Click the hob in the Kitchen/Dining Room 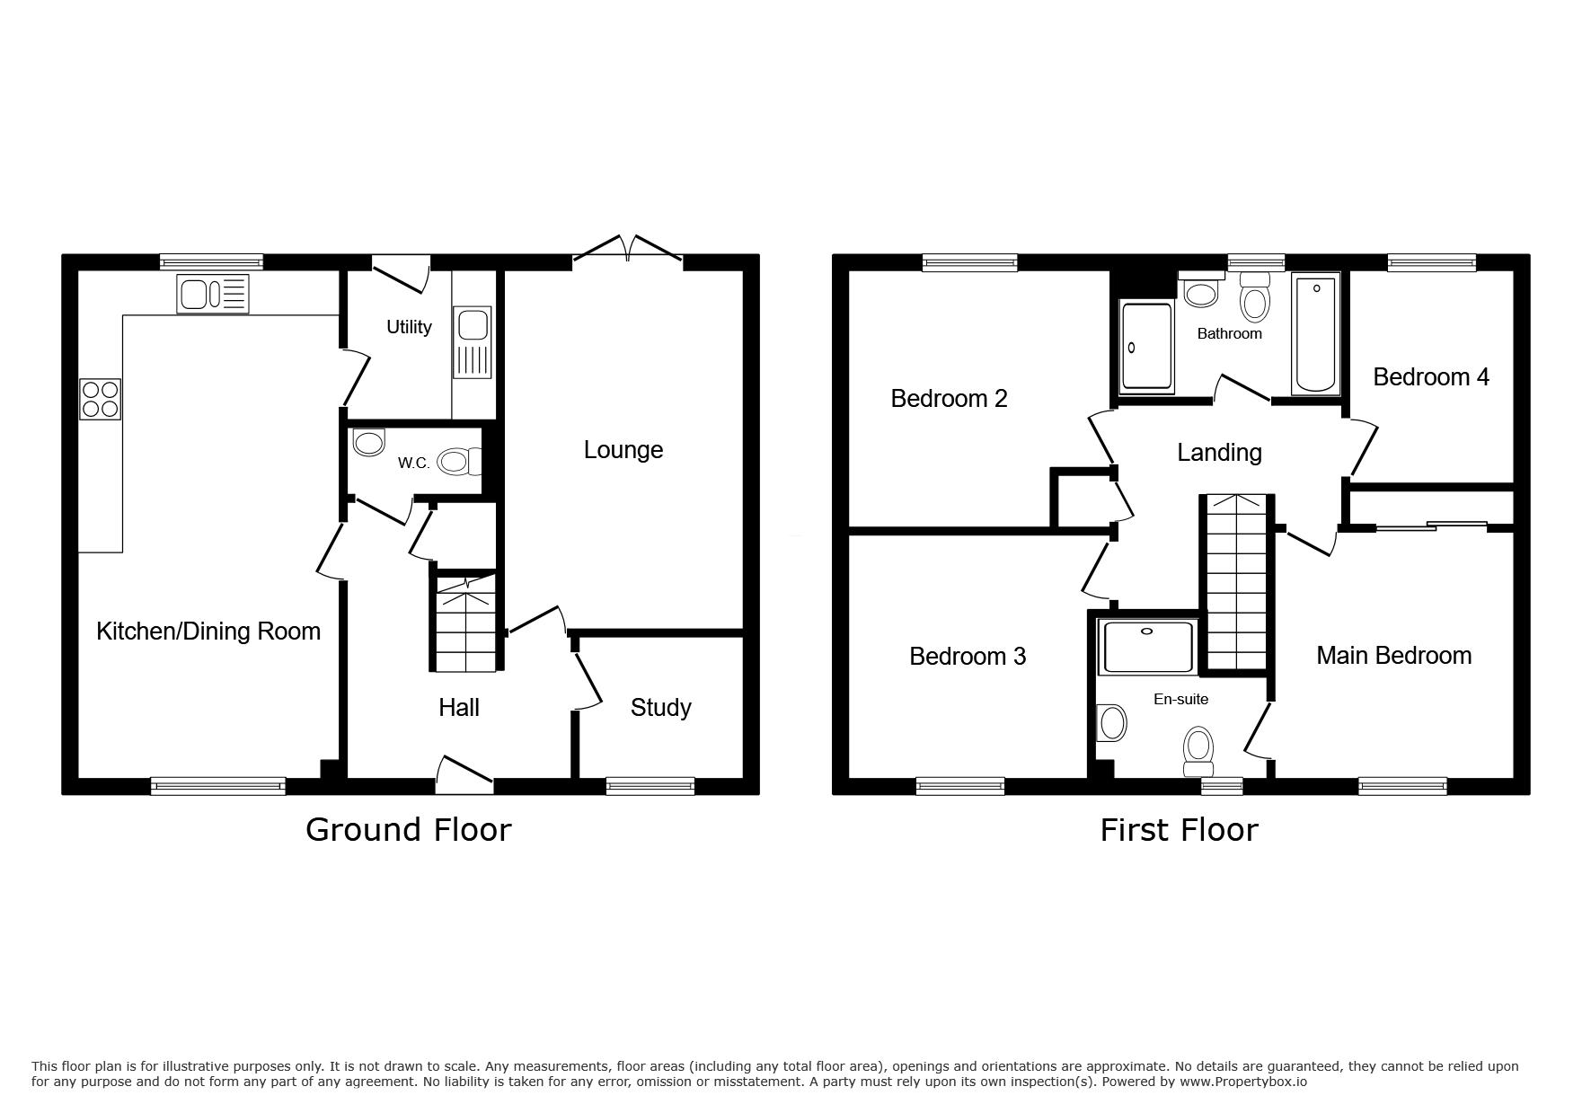click(101, 399)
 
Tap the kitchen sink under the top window click(213, 295)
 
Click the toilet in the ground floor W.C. click(460, 462)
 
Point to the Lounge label click(623, 449)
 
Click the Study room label click(661, 707)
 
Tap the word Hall click(459, 707)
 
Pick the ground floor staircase click(465, 621)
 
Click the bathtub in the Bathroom click(1315, 334)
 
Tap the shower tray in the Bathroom click(1147, 347)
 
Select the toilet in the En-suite click(1198, 751)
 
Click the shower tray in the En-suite click(1147, 646)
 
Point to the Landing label click(1219, 452)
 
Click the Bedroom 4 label click(1430, 376)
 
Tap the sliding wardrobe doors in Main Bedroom click(1432, 526)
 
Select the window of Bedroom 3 click(960, 786)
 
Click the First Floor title click(1179, 829)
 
